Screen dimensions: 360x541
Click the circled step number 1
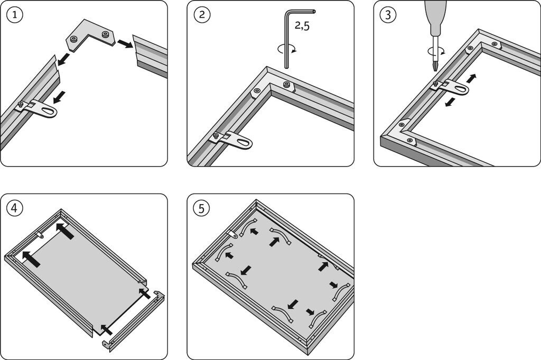[x=15, y=15]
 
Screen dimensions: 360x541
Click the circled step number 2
[x=201, y=15]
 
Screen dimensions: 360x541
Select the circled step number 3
[x=388, y=15]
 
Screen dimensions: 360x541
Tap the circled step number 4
[x=15, y=208]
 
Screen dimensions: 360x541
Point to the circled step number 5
[x=201, y=208]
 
